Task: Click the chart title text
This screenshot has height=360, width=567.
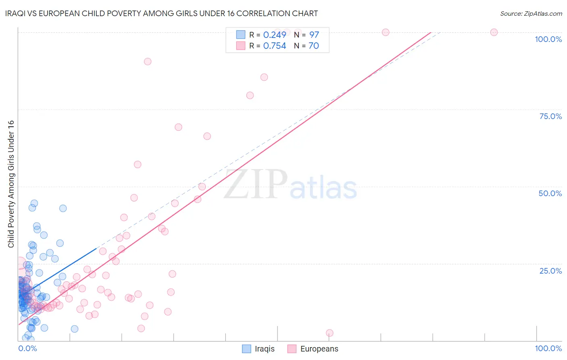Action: [161, 13]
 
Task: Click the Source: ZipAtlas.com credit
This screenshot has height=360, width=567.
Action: [531, 13]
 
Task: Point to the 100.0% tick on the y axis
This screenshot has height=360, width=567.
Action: [548, 39]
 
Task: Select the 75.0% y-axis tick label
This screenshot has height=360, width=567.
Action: [550, 116]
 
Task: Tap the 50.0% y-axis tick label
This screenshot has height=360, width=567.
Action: [550, 193]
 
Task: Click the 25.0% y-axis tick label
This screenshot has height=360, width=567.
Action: [550, 271]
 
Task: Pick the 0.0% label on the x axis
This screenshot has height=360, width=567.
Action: [27, 348]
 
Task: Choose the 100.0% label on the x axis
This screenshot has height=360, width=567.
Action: [548, 348]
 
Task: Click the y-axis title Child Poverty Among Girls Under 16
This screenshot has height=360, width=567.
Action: [11, 184]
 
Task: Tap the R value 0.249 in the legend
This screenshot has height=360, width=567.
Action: [275, 35]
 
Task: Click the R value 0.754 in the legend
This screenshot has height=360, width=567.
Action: [275, 46]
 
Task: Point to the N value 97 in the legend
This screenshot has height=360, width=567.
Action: [314, 35]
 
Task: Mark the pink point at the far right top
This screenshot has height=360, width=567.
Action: [494, 32]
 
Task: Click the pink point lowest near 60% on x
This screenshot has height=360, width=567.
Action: [329, 333]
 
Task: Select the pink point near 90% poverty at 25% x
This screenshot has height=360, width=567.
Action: [148, 62]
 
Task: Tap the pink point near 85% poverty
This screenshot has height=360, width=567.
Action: [264, 77]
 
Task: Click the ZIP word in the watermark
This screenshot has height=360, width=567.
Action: [255, 184]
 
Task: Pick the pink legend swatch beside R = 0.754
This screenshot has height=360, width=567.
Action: [241, 46]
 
